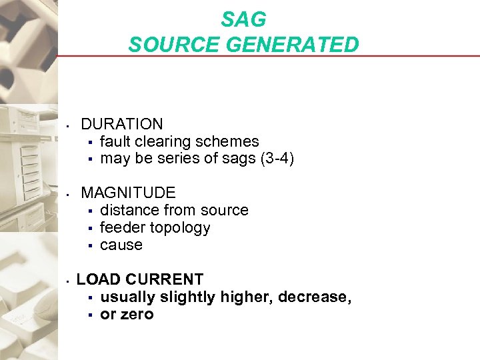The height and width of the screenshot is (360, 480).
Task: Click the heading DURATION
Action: click(x=122, y=124)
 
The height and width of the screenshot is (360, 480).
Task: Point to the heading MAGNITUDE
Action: click(x=128, y=193)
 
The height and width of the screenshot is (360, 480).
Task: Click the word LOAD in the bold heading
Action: click(x=98, y=279)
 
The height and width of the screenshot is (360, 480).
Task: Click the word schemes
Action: click(x=230, y=141)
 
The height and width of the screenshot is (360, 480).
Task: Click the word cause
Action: click(x=121, y=245)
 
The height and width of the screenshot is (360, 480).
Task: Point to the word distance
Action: click(x=128, y=210)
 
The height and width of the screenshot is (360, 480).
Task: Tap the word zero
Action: click(x=137, y=314)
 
